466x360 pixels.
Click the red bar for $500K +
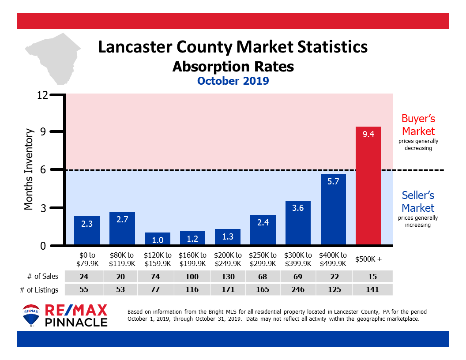(368, 185)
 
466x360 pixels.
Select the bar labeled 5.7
(333, 209)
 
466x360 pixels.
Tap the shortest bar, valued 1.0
(157, 238)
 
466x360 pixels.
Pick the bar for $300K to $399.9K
(298, 223)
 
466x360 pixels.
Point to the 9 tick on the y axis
(43, 131)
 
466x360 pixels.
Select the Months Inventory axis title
(29, 169)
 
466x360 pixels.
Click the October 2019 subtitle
(233, 81)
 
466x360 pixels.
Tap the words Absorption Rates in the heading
(233, 67)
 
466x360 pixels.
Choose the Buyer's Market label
(418, 125)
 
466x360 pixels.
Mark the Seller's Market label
(418, 202)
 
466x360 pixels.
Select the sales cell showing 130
(227, 276)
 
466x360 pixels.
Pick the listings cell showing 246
(298, 290)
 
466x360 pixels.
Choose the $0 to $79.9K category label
(86, 259)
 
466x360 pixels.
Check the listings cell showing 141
(368, 290)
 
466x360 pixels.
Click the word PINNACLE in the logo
(76, 322)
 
